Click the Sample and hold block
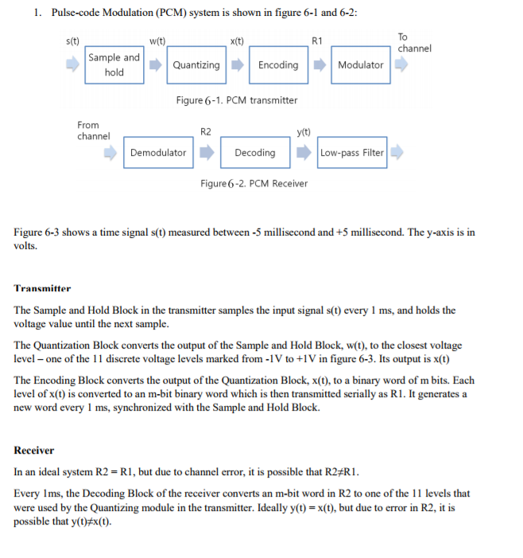(x=114, y=64)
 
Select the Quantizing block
(x=196, y=65)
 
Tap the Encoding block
(x=278, y=65)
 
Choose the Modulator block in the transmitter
(x=360, y=65)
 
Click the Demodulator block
(x=157, y=152)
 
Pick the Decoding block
(x=255, y=152)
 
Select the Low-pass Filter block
(x=352, y=152)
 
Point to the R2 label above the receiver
(x=206, y=131)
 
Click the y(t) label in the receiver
(x=303, y=131)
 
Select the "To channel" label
(x=414, y=43)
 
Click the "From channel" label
(x=93, y=131)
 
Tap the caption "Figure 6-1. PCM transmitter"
(x=236, y=100)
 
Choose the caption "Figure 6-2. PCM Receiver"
(x=254, y=184)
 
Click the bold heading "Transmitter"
(x=42, y=288)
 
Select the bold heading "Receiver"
(x=34, y=451)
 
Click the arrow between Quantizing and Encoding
(x=236, y=65)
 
